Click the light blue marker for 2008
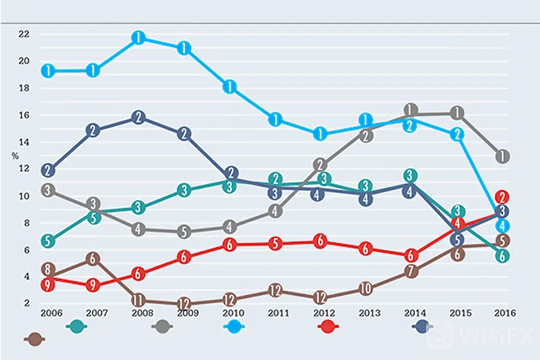click(138, 38)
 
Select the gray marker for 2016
click(502, 157)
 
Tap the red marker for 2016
click(502, 197)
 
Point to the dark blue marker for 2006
click(48, 170)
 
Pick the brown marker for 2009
click(184, 304)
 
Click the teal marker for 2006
click(48, 241)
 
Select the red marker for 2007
click(92, 285)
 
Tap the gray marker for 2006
click(48, 190)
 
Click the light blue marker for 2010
click(230, 86)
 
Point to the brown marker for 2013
click(366, 289)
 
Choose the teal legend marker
click(76, 326)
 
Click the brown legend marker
click(34, 340)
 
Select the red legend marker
click(328, 326)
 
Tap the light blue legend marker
click(234, 326)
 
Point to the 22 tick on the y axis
click(24, 34)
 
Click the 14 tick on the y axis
click(24, 142)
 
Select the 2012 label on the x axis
click(324, 313)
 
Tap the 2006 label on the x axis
click(52, 313)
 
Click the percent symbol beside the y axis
click(15, 156)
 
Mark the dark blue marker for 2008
click(138, 118)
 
